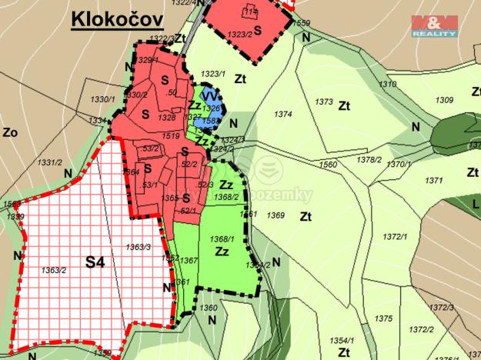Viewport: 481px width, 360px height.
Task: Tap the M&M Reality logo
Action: click(x=435, y=25)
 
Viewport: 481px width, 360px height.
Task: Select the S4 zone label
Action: click(x=95, y=262)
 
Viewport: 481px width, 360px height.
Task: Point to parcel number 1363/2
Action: click(x=53, y=269)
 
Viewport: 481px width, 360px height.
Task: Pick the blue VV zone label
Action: click(x=209, y=96)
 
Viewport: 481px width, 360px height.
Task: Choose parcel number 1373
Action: click(x=324, y=102)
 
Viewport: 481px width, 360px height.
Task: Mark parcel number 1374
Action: click(x=283, y=114)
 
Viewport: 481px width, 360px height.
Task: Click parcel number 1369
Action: click(x=276, y=215)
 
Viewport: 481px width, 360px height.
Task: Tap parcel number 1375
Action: click(x=382, y=318)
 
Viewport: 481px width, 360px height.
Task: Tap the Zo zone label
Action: click(x=10, y=132)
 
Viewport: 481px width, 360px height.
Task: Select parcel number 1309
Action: click(x=444, y=100)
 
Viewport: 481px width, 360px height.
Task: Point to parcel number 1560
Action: click(x=328, y=165)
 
